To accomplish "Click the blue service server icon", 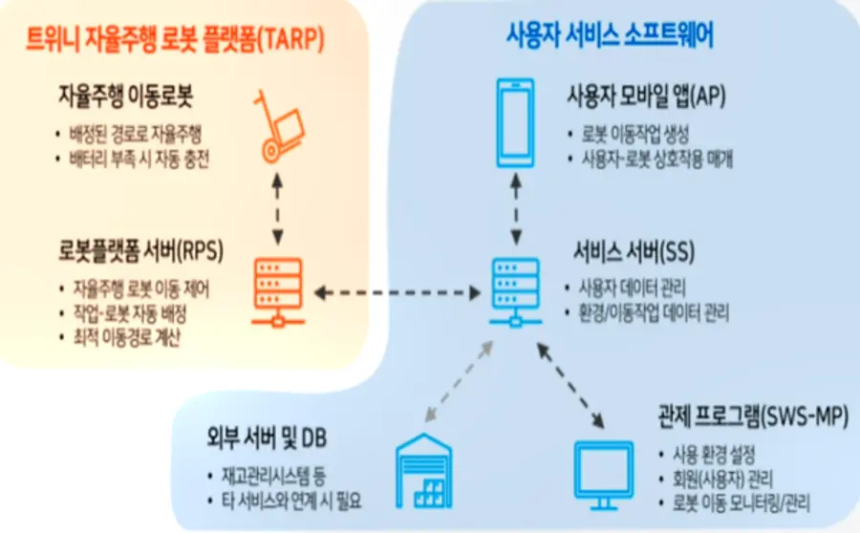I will point(516,290).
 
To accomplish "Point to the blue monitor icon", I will point(603,471).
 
